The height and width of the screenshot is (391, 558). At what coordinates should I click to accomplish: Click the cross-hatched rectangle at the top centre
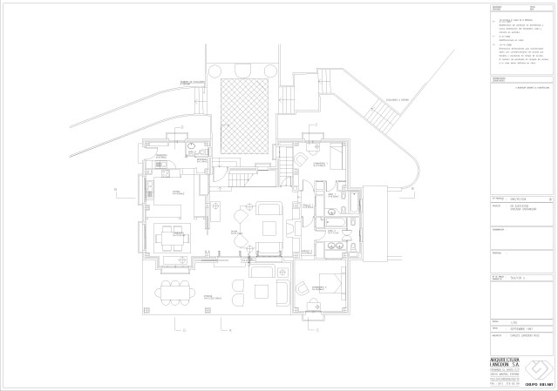click(243, 114)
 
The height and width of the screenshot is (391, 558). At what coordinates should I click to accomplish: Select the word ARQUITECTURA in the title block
click(509, 359)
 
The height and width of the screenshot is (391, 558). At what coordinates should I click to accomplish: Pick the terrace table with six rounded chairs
click(174, 291)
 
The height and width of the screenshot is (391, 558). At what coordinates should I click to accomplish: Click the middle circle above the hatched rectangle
click(243, 70)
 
